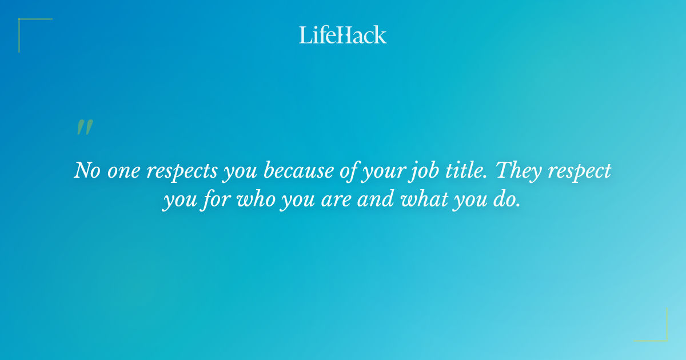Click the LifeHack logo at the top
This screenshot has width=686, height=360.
[343, 35]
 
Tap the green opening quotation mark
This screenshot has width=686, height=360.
[84, 127]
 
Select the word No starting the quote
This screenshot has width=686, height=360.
[86, 171]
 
